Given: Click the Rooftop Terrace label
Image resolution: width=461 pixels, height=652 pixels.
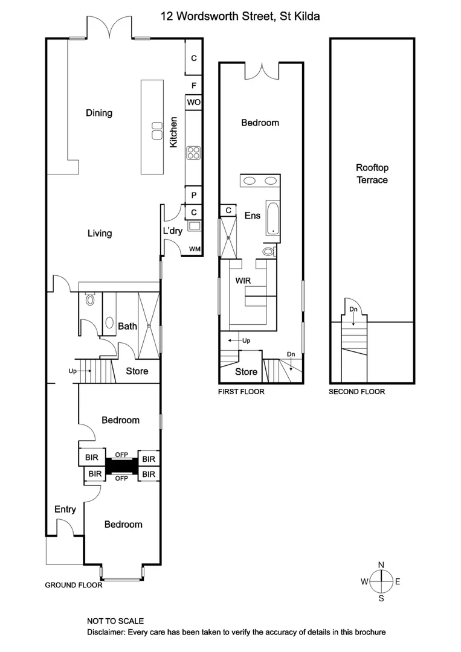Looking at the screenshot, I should point(372,174).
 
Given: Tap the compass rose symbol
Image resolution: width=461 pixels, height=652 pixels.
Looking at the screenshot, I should point(381,581).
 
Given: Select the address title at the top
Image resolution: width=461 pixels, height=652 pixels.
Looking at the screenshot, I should point(240,17).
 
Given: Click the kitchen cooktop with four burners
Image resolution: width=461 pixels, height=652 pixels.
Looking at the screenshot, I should point(193,153).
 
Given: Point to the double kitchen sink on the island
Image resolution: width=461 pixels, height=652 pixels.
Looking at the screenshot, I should point(156,129).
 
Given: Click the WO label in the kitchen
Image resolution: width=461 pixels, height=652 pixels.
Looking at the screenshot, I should point(193,103).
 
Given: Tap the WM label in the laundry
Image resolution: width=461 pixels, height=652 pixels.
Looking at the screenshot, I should point(195,249).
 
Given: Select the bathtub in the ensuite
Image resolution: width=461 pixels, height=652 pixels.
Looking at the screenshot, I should point(272,218).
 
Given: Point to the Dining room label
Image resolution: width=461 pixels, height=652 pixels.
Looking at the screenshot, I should point(99,113).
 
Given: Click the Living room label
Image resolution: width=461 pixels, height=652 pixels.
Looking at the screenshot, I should point(100,233).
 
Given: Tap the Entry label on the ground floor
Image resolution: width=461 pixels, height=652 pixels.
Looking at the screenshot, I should point(65,509).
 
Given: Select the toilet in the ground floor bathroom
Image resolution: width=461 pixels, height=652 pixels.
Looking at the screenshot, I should point(91,299).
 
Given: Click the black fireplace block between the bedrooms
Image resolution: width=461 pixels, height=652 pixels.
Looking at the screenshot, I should point(122,466).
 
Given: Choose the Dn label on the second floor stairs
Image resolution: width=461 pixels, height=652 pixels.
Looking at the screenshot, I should point(353,310).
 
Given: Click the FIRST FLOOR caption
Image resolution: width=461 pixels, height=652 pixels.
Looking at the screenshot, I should point(241,391).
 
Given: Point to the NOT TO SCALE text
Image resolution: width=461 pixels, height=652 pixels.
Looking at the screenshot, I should point(115,621).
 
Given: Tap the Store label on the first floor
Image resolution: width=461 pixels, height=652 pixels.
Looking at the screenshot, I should point(246,372).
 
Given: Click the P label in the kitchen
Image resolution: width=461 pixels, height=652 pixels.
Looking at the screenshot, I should point(193,196).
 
